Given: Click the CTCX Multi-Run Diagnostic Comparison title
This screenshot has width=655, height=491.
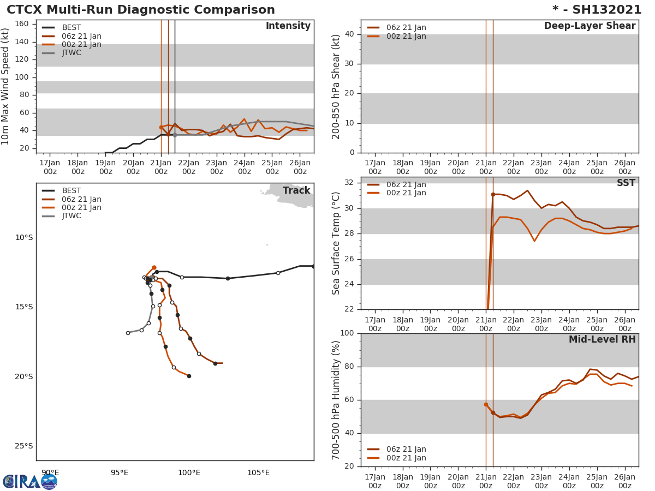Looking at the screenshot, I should tap(141, 10).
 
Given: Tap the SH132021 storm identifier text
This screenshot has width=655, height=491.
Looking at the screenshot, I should tap(604, 10).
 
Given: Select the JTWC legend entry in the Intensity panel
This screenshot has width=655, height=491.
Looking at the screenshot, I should tap(72, 53).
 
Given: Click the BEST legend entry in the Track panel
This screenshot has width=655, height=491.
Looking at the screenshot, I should tap(72, 191).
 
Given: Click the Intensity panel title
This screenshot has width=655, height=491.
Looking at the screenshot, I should tap(288, 26).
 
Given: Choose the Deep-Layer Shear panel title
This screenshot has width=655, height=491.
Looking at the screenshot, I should tap(589, 26).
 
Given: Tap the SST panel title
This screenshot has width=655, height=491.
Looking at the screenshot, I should tap(626, 183).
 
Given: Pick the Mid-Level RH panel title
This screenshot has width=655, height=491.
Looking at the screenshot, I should tap(602, 339).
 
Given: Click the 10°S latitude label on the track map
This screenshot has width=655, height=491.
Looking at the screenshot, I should tap(24, 237).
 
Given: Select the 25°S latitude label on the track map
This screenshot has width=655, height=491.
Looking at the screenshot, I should tap(24, 446).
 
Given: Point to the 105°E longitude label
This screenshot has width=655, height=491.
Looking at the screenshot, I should tap(258, 472).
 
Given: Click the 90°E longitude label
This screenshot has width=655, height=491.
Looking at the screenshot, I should tap(50, 472).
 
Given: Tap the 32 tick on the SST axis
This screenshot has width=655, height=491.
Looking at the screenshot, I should tap(349, 183).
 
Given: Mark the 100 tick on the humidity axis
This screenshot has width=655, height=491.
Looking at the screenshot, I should tap(347, 333).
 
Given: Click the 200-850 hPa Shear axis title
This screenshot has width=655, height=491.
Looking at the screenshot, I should tap(336, 86).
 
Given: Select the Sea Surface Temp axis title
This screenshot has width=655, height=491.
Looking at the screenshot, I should tap(336, 243).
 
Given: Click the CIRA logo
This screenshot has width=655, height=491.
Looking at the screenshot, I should tap(30, 482).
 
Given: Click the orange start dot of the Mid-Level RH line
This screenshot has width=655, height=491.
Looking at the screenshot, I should tap(486, 404).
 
